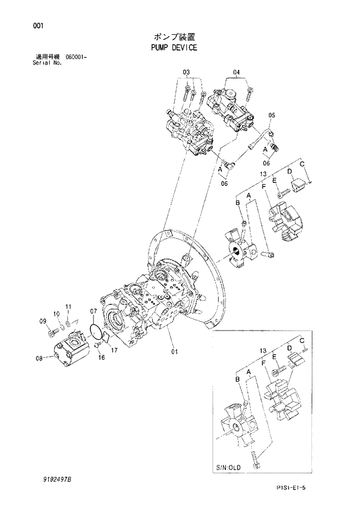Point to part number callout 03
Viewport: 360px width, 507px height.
pos(186,72)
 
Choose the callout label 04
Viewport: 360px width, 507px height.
pos(236,73)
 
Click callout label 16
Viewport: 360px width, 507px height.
pos(101,358)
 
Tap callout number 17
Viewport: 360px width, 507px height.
pos(114,350)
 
